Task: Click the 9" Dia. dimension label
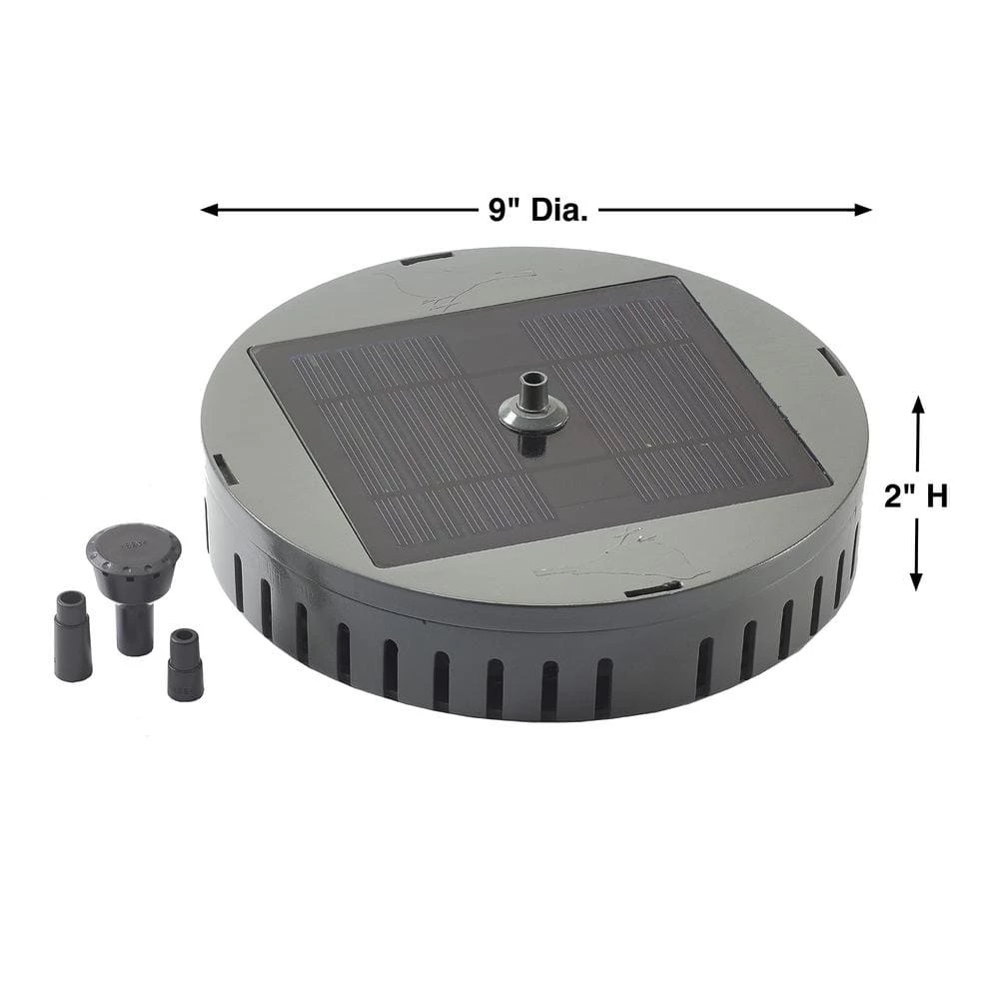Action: point(538,210)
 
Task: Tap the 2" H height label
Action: point(915,496)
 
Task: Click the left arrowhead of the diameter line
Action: point(210,210)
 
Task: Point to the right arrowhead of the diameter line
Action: point(863,210)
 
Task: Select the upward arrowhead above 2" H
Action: point(917,405)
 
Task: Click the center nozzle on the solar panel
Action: point(533,407)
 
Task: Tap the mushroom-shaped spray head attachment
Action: point(134,587)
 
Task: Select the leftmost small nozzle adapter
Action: point(72,635)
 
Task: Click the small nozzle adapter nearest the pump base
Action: point(185,664)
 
